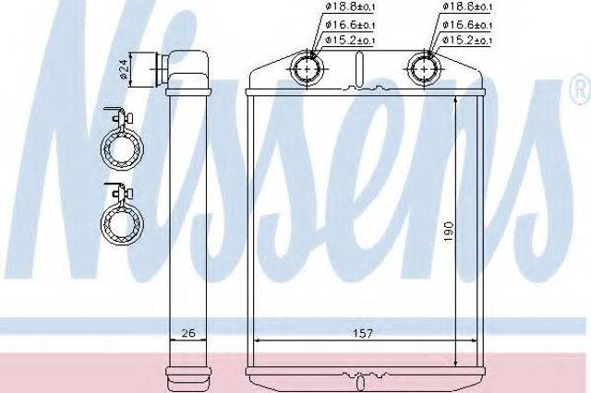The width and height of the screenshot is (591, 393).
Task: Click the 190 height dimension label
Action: click(x=449, y=232)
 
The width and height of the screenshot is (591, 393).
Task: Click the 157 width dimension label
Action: click(x=363, y=333)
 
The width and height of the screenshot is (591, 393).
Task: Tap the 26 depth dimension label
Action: click(x=188, y=333)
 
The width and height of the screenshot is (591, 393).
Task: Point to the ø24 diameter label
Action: click(x=125, y=69)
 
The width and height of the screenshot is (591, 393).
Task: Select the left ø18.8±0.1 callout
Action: click(x=350, y=6)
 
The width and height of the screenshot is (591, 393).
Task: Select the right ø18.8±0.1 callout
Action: click(x=467, y=6)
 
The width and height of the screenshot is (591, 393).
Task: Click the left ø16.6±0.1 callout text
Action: click(x=350, y=25)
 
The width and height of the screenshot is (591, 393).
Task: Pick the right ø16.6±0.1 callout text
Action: click(x=467, y=25)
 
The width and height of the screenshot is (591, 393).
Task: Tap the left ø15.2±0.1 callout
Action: click(x=350, y=40)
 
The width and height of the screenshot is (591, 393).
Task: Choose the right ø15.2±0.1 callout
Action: click(x=467, y=40)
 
